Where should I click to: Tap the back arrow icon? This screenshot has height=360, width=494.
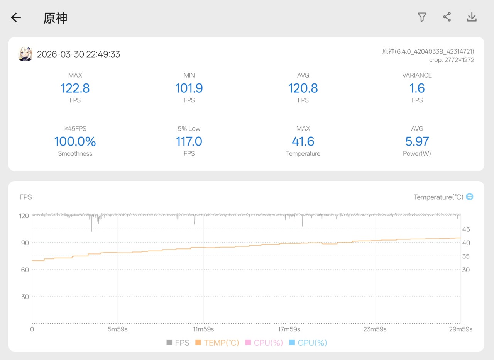[16, 17]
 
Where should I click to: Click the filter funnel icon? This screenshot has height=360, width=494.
[422, 17]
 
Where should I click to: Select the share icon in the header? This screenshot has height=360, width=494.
[447, 17]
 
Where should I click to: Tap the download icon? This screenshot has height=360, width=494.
[472, 17]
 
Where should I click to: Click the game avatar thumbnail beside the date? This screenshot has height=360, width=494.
[25, 54]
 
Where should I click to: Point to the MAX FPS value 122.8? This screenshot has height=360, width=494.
[75, 88]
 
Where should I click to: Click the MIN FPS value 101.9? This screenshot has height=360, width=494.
[189, 88]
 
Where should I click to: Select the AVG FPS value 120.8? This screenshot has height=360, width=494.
[303, 88]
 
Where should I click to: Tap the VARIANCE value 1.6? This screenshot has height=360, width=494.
[417, 88]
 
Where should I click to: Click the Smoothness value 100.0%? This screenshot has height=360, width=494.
[75, 141]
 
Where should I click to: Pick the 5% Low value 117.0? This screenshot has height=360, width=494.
[189, 141]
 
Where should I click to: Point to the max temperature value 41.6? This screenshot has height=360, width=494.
[303, 141]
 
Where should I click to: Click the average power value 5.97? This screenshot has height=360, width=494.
[417, 141]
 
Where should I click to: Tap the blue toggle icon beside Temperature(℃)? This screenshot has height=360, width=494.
[470, 197]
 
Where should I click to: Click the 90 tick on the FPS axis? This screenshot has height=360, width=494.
[25, 243]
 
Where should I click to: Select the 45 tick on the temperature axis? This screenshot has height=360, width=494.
[466, 229]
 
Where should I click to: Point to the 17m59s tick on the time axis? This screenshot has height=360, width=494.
[289, 329]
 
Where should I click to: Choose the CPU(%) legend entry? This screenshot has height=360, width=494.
[264, 343]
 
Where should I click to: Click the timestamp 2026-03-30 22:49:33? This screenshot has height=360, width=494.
[78, 54]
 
